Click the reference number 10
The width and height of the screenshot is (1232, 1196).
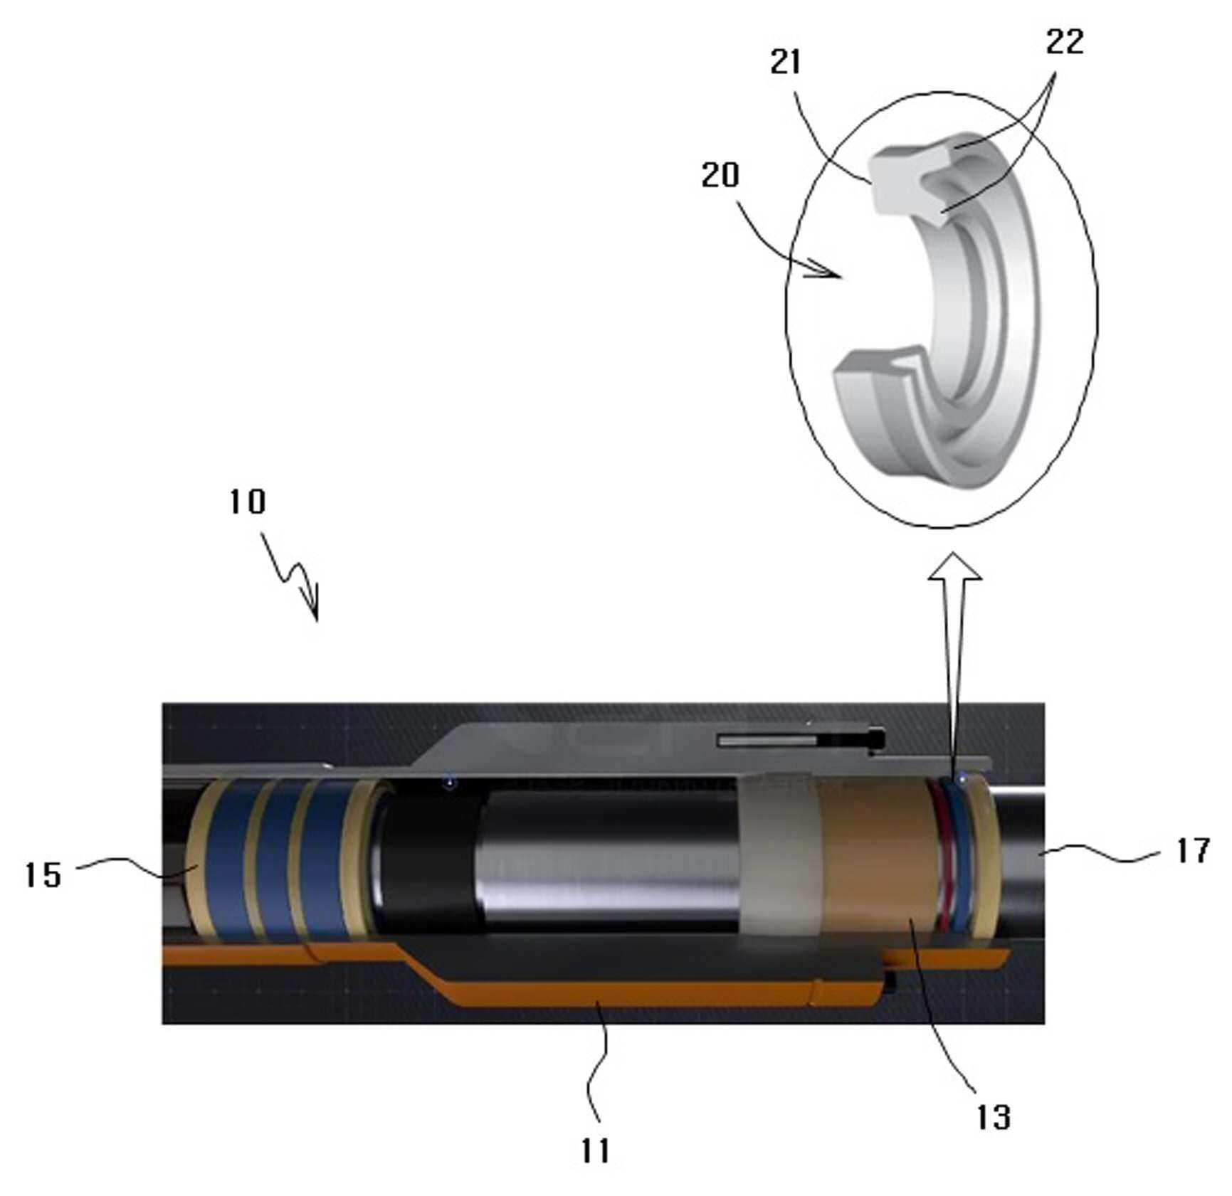tap(247, 502)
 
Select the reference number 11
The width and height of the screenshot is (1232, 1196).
tap(596, 1150)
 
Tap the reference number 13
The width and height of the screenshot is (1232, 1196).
tap(993, 1117)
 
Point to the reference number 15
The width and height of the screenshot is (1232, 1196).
tap(43, 875)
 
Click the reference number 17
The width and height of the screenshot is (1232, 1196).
tap(1193, 850)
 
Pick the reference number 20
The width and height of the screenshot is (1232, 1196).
tap(720, 175)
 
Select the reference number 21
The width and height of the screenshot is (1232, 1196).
tap(785, 62)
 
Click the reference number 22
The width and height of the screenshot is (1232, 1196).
tap(1065, 42)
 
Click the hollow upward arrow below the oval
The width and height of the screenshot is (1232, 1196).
tap(954, 662)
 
